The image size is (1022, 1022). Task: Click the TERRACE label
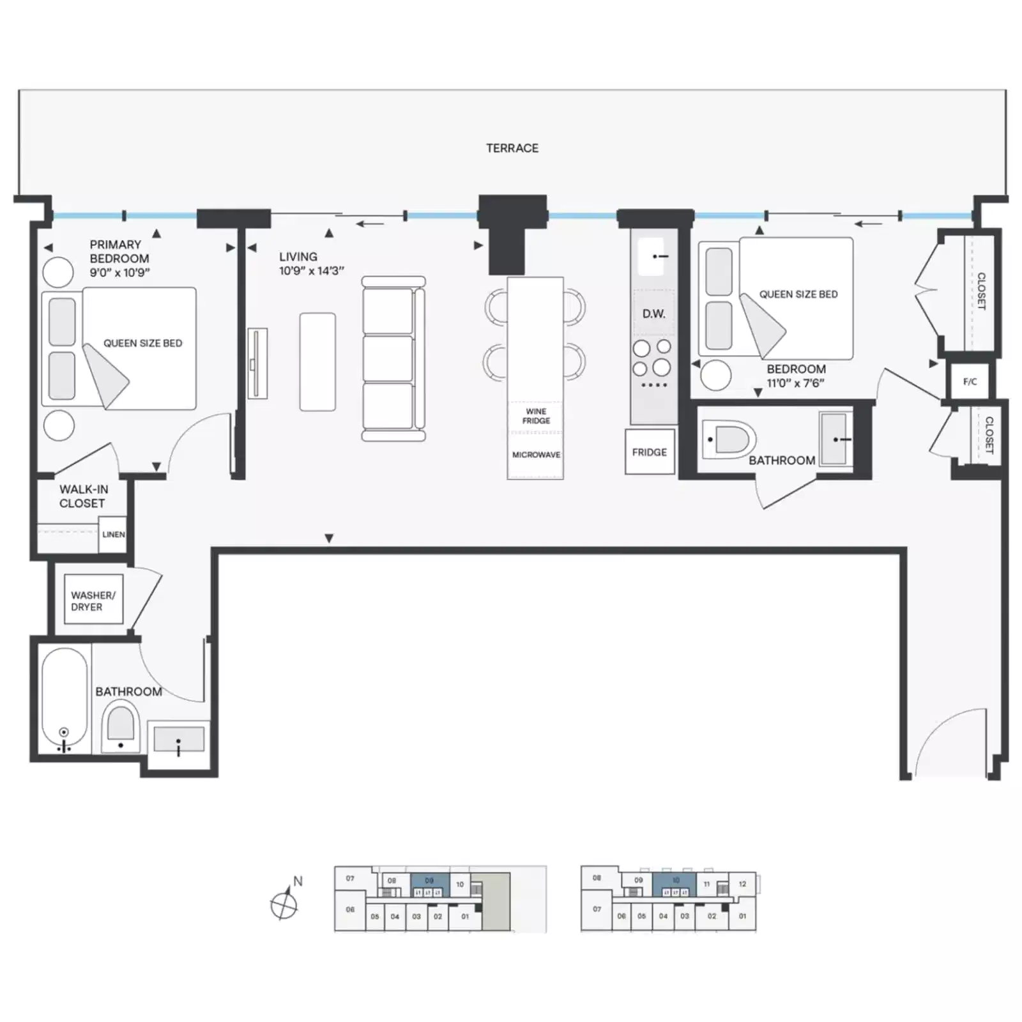click(x=512, y=148)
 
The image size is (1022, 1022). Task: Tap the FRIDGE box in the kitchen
click(x=650, y=452)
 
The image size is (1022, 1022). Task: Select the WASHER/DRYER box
click(x=93, y=600)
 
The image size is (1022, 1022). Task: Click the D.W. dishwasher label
click(x=653, y=314)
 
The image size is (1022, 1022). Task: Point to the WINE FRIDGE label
click(x=536, y=416)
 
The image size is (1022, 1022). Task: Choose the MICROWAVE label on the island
click(x=536, y=455)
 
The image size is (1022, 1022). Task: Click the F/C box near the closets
click(x=970, y=382)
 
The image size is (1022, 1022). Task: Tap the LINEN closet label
click(x=113, y=535)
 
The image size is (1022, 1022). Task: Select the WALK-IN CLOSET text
click(x=83, y=496)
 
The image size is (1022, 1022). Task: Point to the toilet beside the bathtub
click(x=121, y=725)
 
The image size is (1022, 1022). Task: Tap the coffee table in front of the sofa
click(x=317, y=362)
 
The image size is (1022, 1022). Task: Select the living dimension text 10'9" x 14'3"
click(x=311, y=271)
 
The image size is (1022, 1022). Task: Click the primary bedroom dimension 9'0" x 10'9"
click(x=119, y=273)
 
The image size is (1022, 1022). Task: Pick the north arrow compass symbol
click(x=284, y=903)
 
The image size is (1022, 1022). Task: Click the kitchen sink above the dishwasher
click(x=652, y=256)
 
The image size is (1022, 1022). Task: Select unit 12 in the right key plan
click(x=742, y=884)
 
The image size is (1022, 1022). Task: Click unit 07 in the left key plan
click(x=350, y=878)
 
